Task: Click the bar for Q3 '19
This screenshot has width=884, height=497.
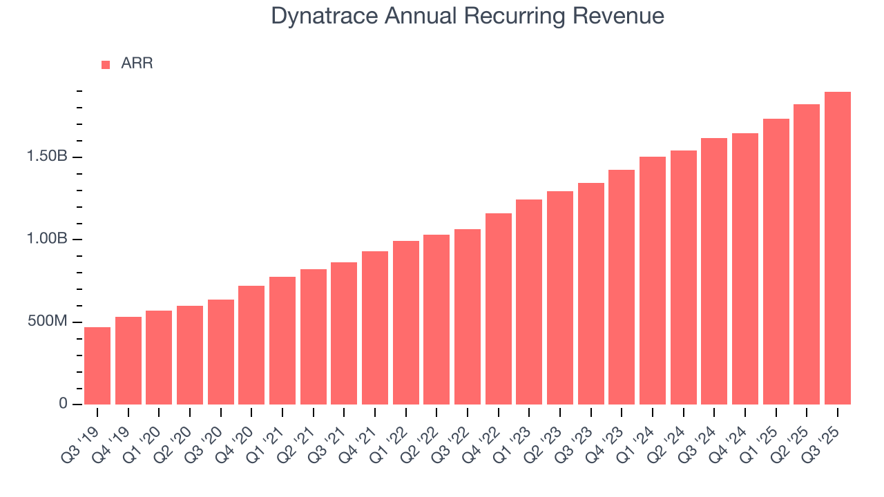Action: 97,366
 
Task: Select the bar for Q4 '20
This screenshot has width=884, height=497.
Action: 251,345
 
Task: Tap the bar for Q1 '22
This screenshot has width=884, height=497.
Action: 405,322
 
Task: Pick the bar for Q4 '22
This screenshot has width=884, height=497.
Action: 498,309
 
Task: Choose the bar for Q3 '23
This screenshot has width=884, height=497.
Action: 590,293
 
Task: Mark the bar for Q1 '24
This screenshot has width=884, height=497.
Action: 653,280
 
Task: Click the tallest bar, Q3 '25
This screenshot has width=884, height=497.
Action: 838,248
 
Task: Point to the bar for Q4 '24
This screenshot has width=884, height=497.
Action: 745,269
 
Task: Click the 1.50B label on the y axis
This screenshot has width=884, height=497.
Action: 47,157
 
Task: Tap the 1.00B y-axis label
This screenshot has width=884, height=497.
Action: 47,240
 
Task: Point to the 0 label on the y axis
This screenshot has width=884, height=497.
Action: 64,404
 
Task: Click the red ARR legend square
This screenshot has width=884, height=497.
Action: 106,64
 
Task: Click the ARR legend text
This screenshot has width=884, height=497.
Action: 137,64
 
